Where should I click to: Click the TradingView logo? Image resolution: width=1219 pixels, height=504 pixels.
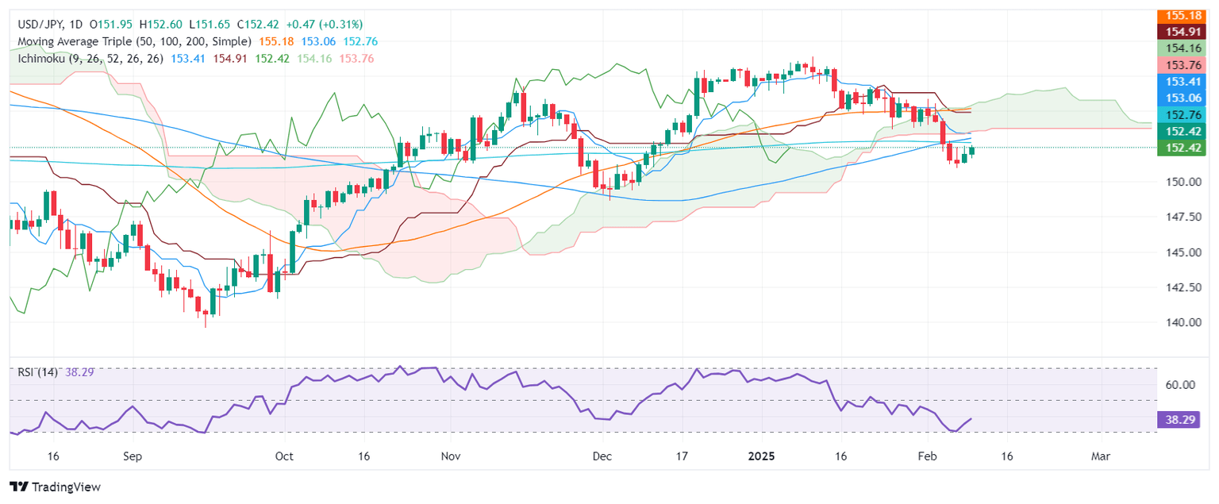tap(55, 487)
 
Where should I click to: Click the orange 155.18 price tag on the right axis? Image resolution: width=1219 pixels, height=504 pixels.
tap(1187, 15)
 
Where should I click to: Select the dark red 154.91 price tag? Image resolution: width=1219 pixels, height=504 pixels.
tap(1187, 32)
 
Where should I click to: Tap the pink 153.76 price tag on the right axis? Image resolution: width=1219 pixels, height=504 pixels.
tap(1187, 65)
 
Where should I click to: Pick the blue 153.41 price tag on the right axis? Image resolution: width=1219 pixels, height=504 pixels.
tap(1187, 82)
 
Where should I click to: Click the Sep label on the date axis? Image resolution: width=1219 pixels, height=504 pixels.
tap(133, 457)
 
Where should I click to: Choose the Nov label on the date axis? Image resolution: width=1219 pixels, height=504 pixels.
tap(450, 457)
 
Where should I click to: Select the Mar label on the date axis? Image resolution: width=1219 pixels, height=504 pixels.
tap(1100, 457)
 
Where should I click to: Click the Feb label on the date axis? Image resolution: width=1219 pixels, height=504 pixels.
tap(926, 457)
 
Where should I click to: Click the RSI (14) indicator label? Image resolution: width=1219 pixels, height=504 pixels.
tap(36, 372)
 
